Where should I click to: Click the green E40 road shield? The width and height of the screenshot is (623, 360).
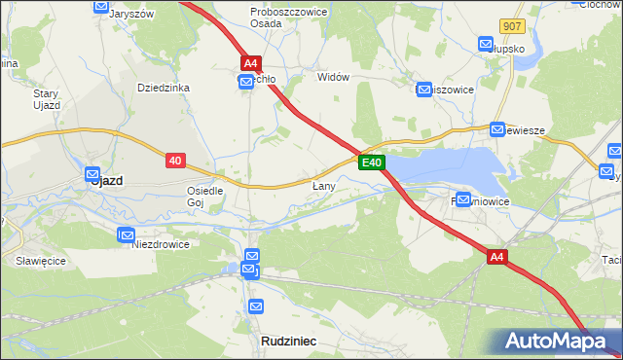[371, 162]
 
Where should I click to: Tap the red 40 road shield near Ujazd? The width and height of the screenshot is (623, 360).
[175, 160]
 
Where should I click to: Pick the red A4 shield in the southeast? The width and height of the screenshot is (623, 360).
[497, 257]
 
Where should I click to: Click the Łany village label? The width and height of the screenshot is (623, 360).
[324, 185]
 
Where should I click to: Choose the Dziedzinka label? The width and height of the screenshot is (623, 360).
[163, 88]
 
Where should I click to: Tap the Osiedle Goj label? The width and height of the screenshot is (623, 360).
[205, 197]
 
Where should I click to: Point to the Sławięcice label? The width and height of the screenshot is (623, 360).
[39, 262]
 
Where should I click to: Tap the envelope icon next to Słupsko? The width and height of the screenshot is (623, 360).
[486, 43]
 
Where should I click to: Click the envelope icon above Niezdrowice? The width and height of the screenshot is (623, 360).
[126, 234]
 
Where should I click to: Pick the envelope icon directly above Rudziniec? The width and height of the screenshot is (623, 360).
[256, 306]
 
